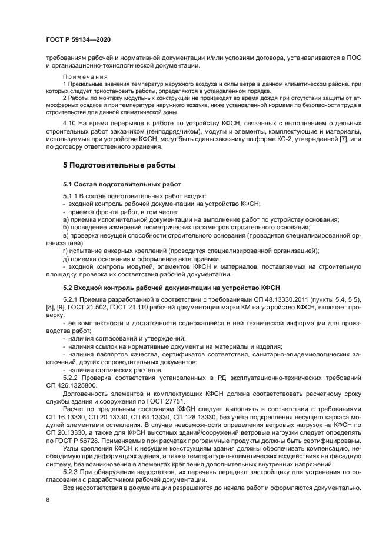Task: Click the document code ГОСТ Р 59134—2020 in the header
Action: (x=78, y=40)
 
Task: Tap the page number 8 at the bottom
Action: (x=47, y=499)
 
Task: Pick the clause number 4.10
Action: (x=71, y=122)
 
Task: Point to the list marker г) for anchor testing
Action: (x=65, y=251)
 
